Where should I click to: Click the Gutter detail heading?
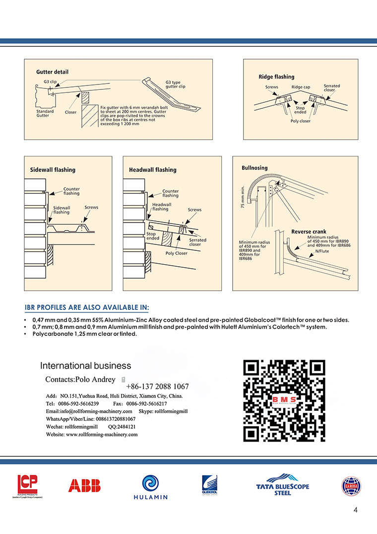[x=52, y=72]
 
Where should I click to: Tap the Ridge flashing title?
[x=276, y=77]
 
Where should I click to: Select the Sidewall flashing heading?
[x=52, y=170]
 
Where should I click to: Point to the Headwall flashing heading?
[x=153, y=170]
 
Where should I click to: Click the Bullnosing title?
[x=254, y=168]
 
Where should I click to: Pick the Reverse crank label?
[x=309, y=232]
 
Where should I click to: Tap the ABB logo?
[x=84, y=485]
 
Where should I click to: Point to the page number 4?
[x=356, y=510]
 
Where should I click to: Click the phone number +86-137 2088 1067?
[x=157, y=386]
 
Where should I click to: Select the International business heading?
[x=85, y=366]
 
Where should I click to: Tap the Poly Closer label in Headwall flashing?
[x=176, y=253]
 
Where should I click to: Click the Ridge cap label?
[x=301, y=87]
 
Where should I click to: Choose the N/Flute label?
[x=322, y=251]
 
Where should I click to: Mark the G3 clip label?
[x=50, y=81]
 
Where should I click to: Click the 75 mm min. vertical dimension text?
[x=243, y=198]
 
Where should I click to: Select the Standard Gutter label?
[x=45, y=114]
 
